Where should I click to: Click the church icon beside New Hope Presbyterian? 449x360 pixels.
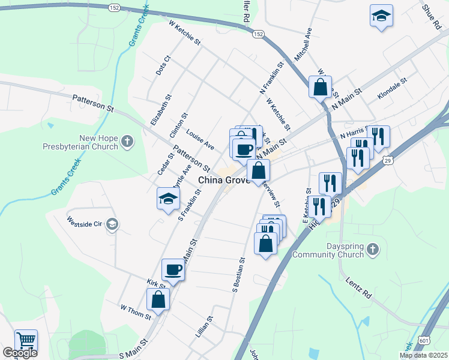(127, 142)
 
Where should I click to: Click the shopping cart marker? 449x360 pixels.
(26, 340)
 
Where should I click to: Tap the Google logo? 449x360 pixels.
(20, 353)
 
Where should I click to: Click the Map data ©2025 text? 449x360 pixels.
(423, 355)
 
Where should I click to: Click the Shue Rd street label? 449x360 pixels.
(431, 17)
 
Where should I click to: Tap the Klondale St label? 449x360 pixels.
(393, 88)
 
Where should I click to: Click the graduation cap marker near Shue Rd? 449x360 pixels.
(381, 16)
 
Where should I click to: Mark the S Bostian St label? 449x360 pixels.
(238, 274)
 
